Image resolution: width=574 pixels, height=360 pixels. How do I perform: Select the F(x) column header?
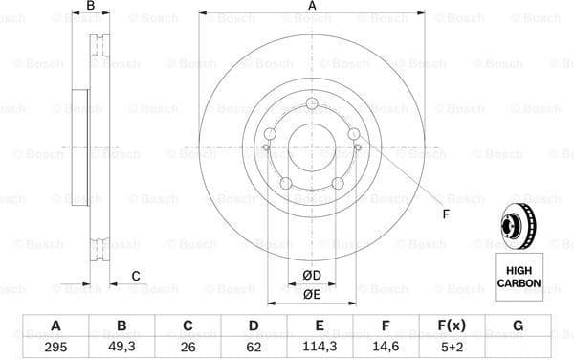[452, 326]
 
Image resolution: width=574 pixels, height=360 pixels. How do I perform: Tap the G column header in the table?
[518, 326]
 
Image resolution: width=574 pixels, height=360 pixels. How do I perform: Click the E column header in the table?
[320, 326]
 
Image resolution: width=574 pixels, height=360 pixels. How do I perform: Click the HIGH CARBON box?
[518, 278]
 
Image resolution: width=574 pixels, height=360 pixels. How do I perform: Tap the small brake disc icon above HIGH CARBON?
[518, 224]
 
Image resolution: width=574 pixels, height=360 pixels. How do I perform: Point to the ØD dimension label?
[311, 276]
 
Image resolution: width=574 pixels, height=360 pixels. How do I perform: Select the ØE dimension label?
[311, 294]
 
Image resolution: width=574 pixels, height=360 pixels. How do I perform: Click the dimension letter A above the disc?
[312, 8]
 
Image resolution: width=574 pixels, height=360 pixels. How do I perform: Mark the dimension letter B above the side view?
[91, 8]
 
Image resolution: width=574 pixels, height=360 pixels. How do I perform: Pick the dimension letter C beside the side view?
[135, 276]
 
